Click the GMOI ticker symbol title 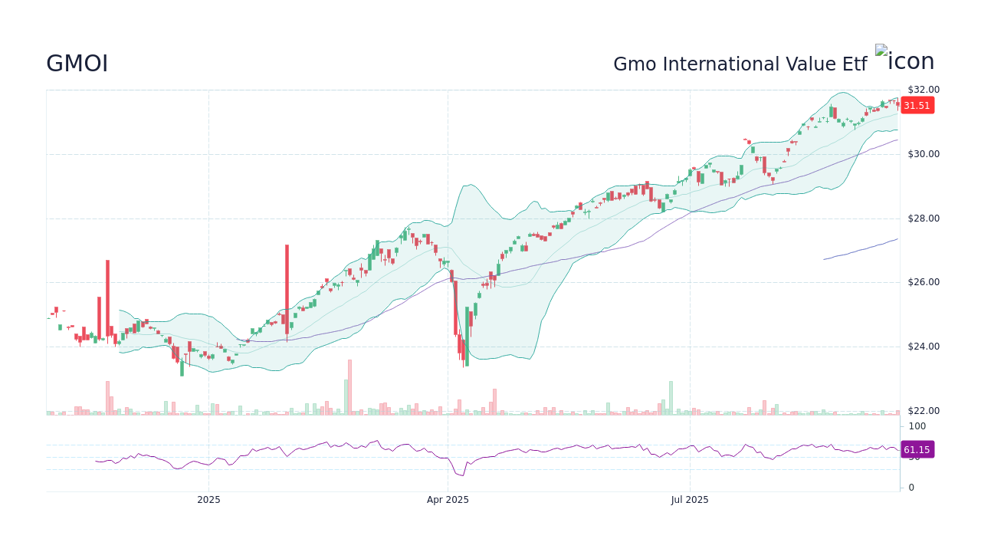tap(77, 64)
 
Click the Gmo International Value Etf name tap(740, 64)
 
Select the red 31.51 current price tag tap(917, 106)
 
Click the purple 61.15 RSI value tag tap(917, 450)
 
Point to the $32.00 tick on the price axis tap(923, 90)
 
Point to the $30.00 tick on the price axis tap(923, 154)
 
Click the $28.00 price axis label tap(923, 219)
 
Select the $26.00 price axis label tap(923, 282)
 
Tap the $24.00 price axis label tap(923, 347)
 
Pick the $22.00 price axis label tap(923, 411)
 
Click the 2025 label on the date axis tap(208, 500)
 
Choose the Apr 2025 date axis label tap(448, 500)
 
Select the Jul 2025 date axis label tap(690, 500)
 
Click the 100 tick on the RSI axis tap(917, 426)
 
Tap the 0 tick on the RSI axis tap(911, 487)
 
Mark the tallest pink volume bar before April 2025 tap(349, 387)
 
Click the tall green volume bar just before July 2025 tap(671, 397)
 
